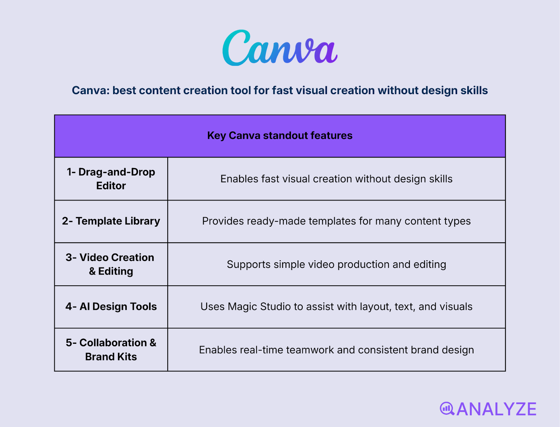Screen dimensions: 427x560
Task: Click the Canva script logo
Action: click(x=280, y=48)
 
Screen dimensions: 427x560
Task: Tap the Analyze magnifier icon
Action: click(x=447, y=408)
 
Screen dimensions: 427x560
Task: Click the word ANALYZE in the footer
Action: click(x=496, y=409)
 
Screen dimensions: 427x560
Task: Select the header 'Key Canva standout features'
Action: click(x=280, y=136)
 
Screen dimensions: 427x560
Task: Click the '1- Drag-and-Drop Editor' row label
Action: click(x=111, y=179)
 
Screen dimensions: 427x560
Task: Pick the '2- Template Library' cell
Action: click(x=111, y=221)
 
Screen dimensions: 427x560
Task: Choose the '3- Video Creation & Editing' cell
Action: click(x=111, y=264)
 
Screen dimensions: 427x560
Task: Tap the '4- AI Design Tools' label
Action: click(x=111, y=307)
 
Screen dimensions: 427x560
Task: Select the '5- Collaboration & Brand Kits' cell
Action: click(x=111, y=350)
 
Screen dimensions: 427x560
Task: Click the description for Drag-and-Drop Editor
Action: click(x=336, y=179)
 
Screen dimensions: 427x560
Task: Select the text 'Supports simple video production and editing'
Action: click(x=336, y=264)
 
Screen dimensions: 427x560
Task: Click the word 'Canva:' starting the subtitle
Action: click(x=91, y=91)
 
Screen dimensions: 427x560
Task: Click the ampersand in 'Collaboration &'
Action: click(x=153, y=343)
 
